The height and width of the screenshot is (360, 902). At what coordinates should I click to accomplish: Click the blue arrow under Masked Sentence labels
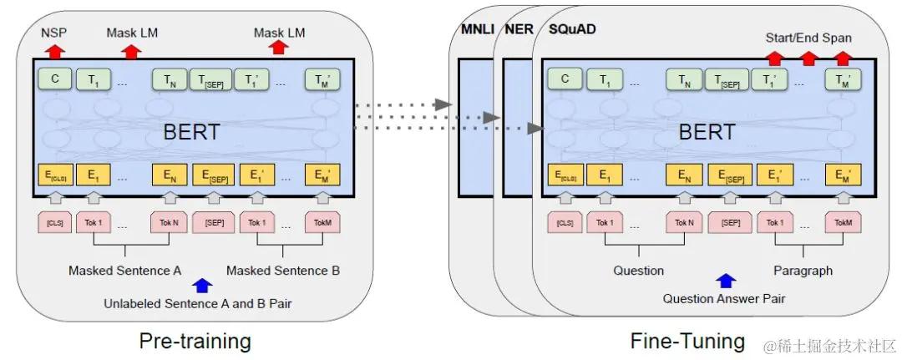click(201, 286)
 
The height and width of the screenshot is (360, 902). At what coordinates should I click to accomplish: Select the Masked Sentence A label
click(124, 271)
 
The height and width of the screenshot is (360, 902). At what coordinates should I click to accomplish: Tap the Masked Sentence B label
click(282, 271)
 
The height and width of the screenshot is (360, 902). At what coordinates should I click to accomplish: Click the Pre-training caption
click(194, 340)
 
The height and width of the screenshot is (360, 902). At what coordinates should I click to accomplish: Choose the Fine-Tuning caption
click(687, 340)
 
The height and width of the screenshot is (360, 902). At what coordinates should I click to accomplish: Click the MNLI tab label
click(478, 32)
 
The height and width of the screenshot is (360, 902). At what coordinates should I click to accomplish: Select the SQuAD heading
click(571, 32)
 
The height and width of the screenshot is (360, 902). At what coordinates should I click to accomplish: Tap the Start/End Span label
click(808, 38)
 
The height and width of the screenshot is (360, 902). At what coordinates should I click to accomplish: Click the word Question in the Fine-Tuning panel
click(638, 271)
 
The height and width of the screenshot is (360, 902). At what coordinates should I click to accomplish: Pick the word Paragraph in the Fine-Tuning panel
click(803, 271)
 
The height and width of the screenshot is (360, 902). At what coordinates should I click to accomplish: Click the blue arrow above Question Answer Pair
click(726, 281)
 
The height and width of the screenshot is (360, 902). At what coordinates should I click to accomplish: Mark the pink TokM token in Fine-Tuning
click(842, 222)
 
